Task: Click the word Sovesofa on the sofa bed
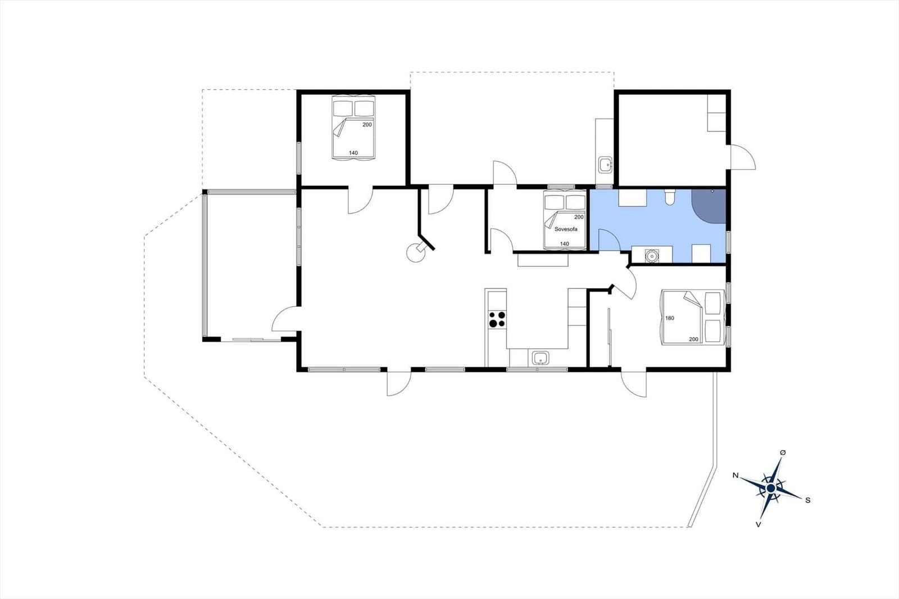(x=566, y=229)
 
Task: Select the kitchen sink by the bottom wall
(x=541, y=357)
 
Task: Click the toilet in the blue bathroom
(x=669, y=197)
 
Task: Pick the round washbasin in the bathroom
(x=651, y=255)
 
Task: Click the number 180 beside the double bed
(x=669, y=318)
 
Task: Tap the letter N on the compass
(x=735, y=475)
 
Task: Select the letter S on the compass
(x=808, y=500)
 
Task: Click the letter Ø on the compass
(x=783, y=452)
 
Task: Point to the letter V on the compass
(x=758, y=524)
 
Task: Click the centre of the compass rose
(x=770, y=488)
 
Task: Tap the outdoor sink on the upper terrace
(x=605, y=164)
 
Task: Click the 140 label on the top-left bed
(x=353, y=153)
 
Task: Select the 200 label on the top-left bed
(x=367, y=124)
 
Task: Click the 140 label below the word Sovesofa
(x=564, y=244)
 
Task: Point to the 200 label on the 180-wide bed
(x=693, y=339)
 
